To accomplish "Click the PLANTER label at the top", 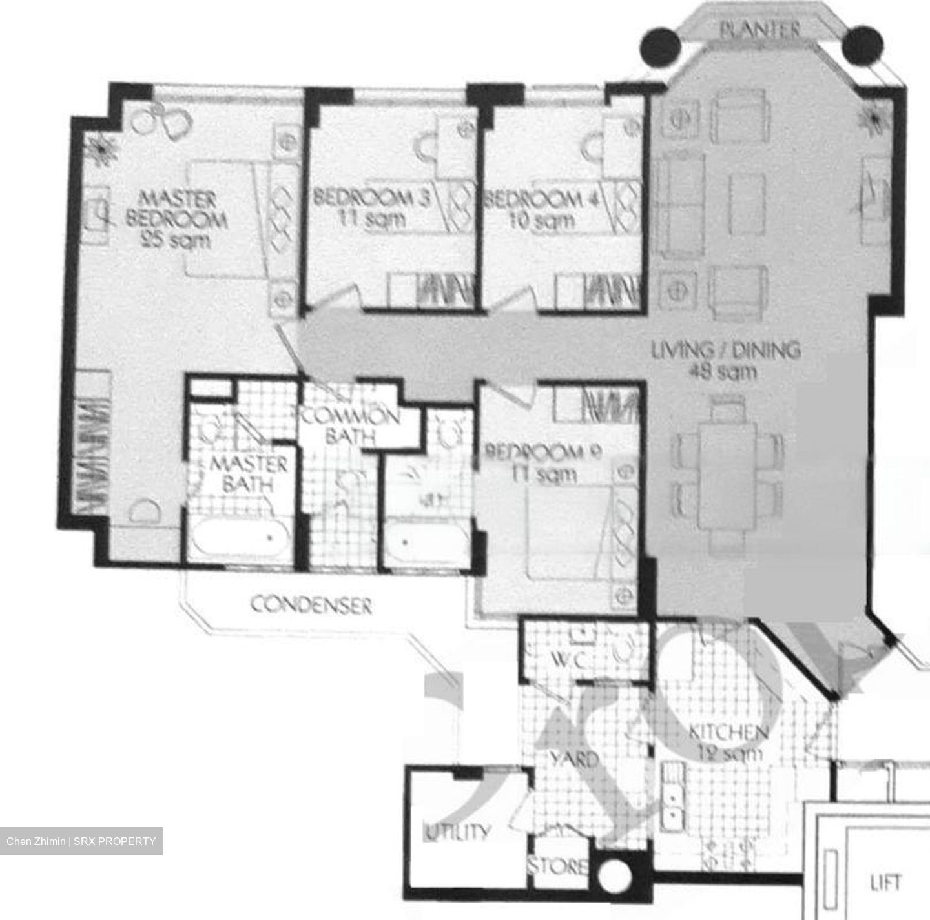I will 759,30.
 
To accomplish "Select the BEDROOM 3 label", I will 371,197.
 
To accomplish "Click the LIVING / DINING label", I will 725,350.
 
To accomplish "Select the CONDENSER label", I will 311,606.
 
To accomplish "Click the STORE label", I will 558,866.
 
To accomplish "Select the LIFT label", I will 885,882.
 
